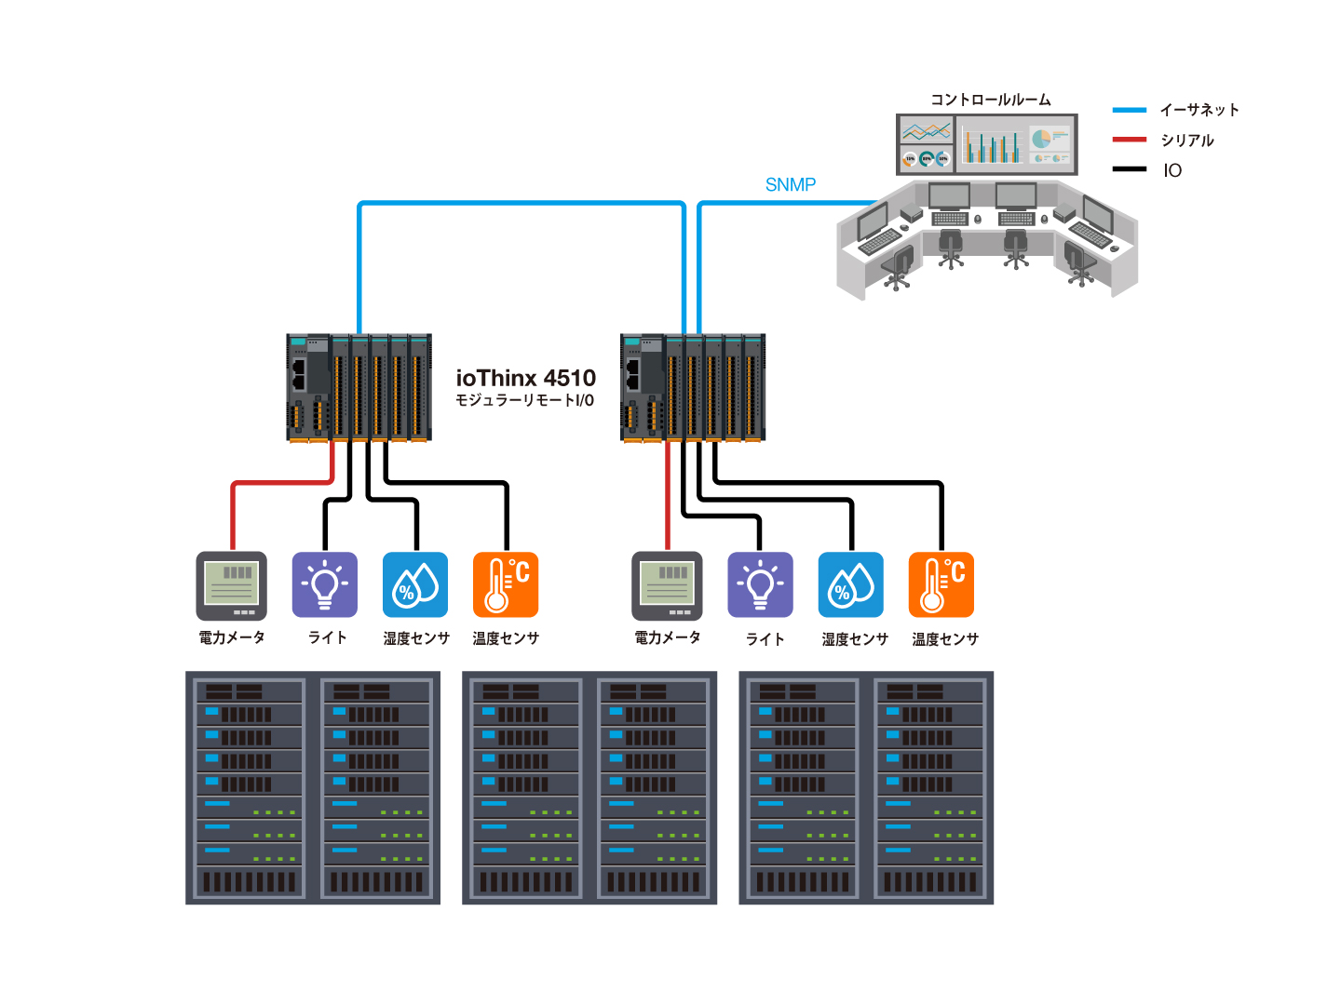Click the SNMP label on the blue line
click(x=790, y=184)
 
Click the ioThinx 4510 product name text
click(x=525, y=378)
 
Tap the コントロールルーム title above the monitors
click(x=990, y=100)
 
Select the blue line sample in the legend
click(x=1129, y=110)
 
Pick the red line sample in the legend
click(x=1129, y=140)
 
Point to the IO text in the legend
click(x=1172, y=170)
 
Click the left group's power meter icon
click(x=232, y=585)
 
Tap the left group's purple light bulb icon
click(x=324, y=585)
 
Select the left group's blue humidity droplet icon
click(x=415, y=585)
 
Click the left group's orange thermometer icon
click(x=506, y=585)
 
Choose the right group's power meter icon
click(x=667, y=585)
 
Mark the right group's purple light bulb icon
click(x=760, y=585)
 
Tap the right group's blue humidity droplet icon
click(x=851, y=585)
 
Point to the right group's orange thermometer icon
click(x=941, y=585)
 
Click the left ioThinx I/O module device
click(x=359, y=387)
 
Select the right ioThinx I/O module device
click(x=693, y=387)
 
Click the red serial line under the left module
click(x=279, y=483)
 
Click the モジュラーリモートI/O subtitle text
click(x=524, y=401)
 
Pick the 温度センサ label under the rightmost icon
click(x=945, y=639)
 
